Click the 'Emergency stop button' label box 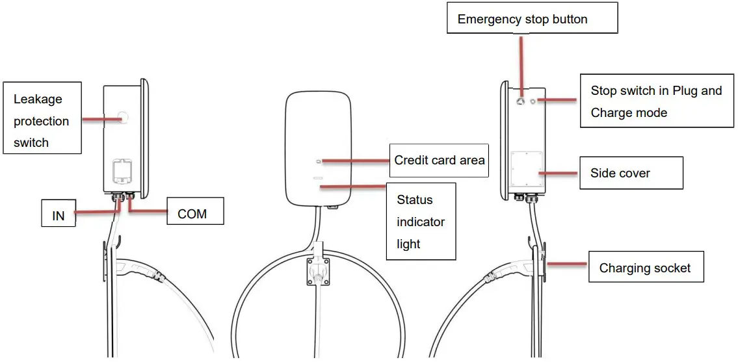531,19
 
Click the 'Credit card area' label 439,160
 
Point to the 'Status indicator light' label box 421,222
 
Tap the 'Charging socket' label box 646,267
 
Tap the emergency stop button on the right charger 521,101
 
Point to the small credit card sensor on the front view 319,161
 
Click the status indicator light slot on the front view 319,177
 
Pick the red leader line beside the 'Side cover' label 559,174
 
